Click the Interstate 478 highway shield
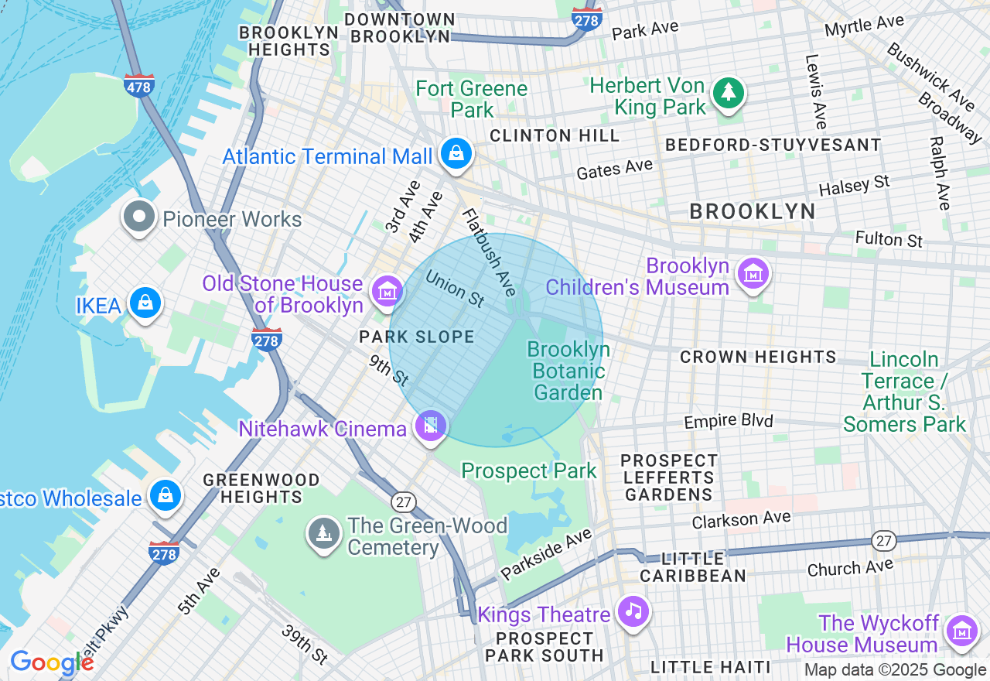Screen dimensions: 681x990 coord(138,86)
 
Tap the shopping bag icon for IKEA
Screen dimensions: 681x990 coord(145,303)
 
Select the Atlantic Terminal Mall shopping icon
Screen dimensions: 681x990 coord(457,153)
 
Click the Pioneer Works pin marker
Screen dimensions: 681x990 coord(139,217)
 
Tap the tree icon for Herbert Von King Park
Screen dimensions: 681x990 coord(728,93)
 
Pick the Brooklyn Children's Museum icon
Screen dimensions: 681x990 coord(752,273)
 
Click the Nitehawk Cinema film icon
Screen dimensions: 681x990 coord(431,425)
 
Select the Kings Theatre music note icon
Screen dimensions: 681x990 coord(633,611)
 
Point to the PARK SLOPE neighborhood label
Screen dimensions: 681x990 coord(417,337)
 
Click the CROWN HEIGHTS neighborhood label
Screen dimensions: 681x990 coord(758,357)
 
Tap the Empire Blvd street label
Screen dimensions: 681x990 coord(728,421)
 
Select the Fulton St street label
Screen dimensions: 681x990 coord(889,239)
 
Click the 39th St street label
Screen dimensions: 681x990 coord(304,644)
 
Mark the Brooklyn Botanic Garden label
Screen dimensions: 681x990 coord(568,371)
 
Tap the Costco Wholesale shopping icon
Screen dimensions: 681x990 coord(166,495)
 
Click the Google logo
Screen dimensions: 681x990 coord(52,662)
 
